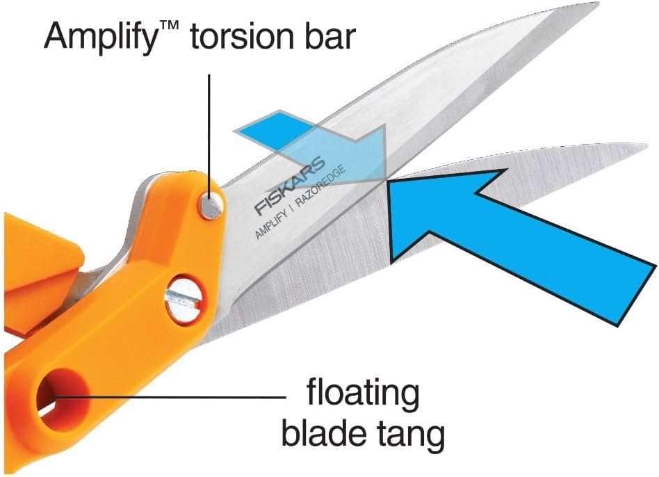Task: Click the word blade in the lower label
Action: [x=323, y=435]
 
